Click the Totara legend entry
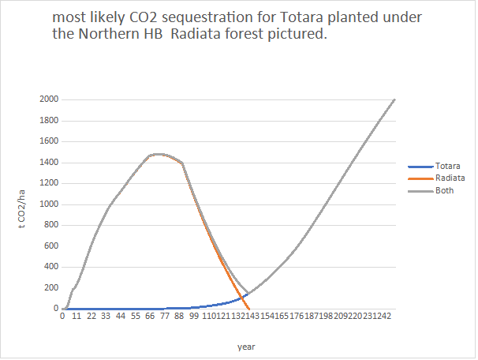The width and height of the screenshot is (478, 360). click(446, 167)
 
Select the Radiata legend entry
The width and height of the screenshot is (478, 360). click(449, 178)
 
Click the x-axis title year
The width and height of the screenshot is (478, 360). click(246, 347)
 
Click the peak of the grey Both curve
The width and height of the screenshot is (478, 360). click(158, 154)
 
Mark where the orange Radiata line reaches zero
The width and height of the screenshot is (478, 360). click(249, 309)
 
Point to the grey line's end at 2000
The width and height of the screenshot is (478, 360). click(394, 99)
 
